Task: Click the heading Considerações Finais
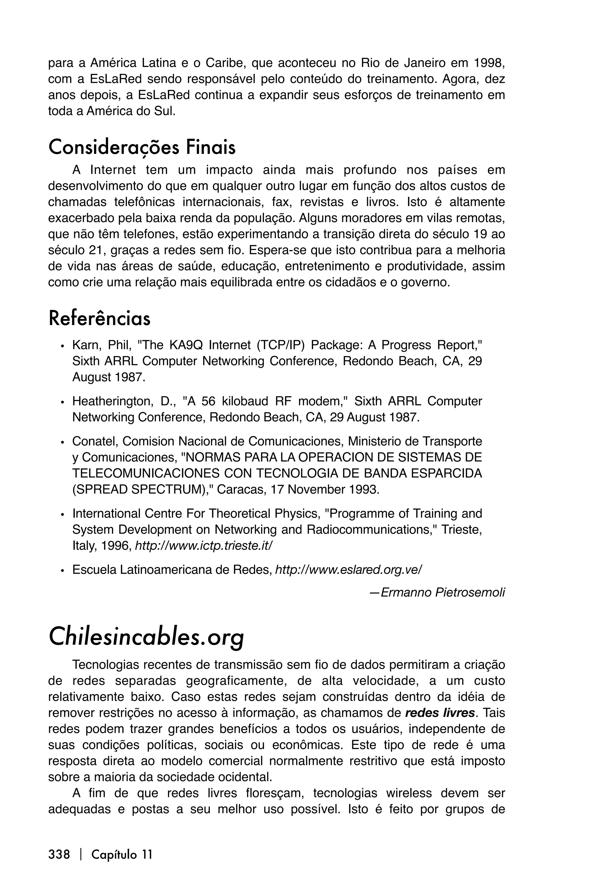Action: (x=142, y=148)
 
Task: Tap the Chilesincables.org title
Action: (x=146, y=637)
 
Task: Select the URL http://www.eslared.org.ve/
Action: (x=349, y=569)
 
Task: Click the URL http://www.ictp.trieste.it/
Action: (x=203, y=546)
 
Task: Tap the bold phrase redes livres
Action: (x=439, y=713)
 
